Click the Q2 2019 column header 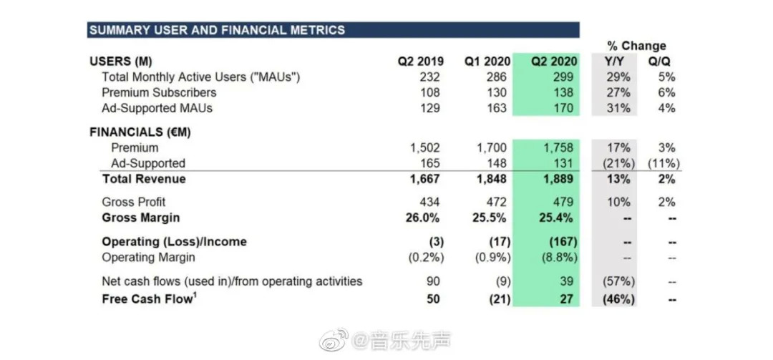click(x=419, y=62)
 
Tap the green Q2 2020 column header click(x=552, y=62)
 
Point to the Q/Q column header click(x=660, y=62)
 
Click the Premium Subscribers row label click(x=159, y=93)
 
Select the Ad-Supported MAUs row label click(x=157, y=109)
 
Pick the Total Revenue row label click(x=144, y=179)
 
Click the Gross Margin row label click(x=141, y=218)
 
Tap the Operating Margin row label click(x=148, y=257)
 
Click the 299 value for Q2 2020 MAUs click(x=563, y=77)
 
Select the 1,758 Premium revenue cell click(x=558, y=148)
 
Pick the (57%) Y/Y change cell click(x=617, y=281)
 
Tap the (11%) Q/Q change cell click(x=661, y=163)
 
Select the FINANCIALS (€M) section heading click(x=140, y=132)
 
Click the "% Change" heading click(x=636, y=46)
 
